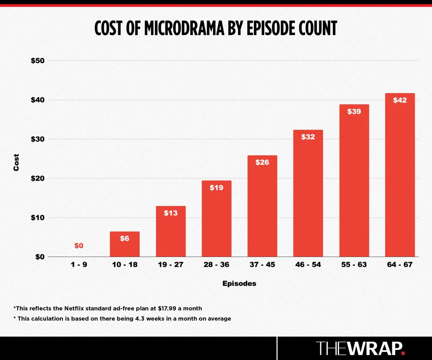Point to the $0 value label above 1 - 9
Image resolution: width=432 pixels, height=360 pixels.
coord(79,246)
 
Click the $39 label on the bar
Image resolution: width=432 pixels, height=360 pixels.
coord(354,112)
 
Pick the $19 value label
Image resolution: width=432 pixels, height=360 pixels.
coord(216,188)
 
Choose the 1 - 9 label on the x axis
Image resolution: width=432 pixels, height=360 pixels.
coord(79,265)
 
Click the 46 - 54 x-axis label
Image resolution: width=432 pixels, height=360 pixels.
coord(308,265)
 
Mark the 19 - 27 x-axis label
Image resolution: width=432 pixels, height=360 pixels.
coord(170,265)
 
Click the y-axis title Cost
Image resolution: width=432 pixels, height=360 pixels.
coord(16,162)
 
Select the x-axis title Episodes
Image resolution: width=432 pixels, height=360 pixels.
coord(239,284)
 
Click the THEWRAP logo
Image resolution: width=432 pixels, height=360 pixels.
coord(361,348)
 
